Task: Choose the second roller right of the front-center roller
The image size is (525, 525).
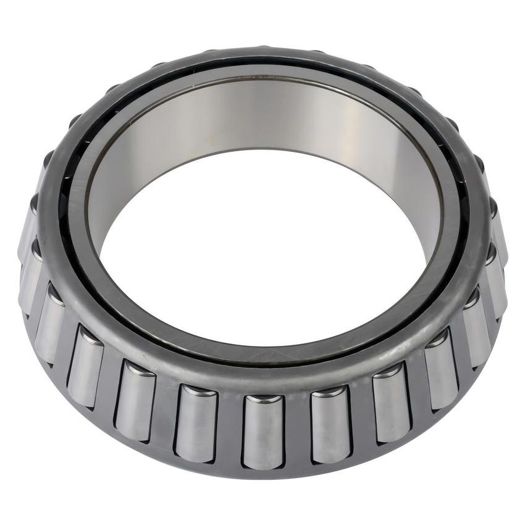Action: point(392,403)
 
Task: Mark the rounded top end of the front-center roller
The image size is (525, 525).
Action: point(263,399)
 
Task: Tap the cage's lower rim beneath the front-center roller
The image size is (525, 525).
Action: point(263,472)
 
